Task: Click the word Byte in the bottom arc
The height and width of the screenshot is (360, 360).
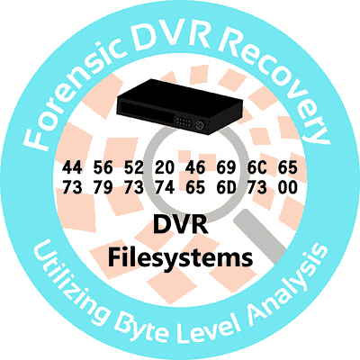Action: click(x=142, y=327)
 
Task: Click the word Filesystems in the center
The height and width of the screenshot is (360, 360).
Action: click(x=180, y=258)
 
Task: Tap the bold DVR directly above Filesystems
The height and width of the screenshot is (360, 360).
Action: click(x=181, y=225)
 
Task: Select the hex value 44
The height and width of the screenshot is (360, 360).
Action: click(x=72, y=167)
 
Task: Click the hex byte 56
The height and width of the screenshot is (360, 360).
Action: click(x=103, y=167)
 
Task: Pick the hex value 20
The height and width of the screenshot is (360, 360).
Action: click(x=165, y=167)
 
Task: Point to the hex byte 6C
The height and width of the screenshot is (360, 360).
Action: click(x=257, y=167)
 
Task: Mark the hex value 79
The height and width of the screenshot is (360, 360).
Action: click(x=103, y=187)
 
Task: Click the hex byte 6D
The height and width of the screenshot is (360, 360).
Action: click(x=226, y=187)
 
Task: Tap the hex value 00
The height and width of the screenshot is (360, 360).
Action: click(x=288, y=187)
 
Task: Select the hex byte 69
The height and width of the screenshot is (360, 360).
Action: click(x=226, y=167)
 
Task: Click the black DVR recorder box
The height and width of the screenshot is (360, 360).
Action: click(x=179, y=105)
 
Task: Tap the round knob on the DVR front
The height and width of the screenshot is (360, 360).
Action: click(x=200, y=125)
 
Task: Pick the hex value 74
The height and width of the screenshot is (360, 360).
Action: click(x=165, y=187)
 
